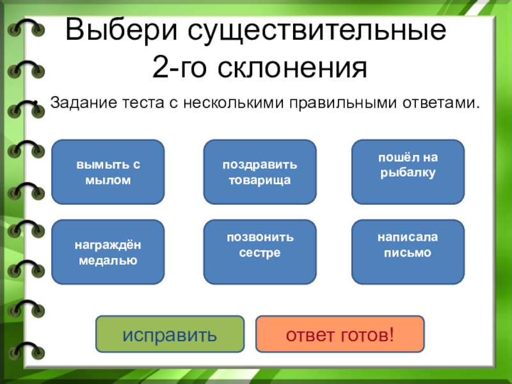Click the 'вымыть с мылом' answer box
click(x=108, y=172)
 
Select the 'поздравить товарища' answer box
click(x=259, y=172)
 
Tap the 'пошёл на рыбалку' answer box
click(x=408, y=172)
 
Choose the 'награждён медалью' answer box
click(x=108, y=252)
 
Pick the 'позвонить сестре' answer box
click(x=259, y=252)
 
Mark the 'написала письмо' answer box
click(x=408, y=252)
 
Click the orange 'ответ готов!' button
click(x=340, y=334)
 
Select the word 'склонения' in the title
click(x=294, y=68)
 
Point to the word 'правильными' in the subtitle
click(x=339, y=102)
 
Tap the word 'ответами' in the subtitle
click(x=444, y=102)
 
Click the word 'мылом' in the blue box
click(x=108, y=180)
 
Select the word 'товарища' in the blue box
click(x=259, y=180)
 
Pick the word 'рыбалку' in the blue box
click(x=408, y=173)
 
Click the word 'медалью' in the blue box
click(x=108, y=260)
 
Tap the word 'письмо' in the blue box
click(x=408, y=253)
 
